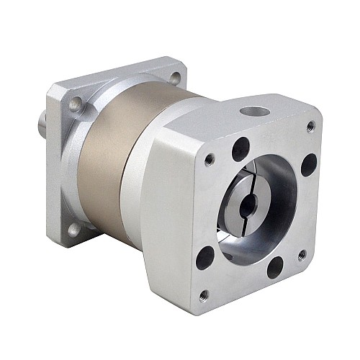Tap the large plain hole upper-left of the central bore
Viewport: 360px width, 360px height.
coord(240,148)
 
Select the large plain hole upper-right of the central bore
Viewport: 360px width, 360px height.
coord(309,164)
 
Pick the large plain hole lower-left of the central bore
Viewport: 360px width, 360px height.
coord(204,256)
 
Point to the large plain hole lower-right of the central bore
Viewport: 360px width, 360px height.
coord(275,269)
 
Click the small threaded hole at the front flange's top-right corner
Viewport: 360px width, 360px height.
coord(310,126)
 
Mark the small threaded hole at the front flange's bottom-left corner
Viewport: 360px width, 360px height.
coord(204,294)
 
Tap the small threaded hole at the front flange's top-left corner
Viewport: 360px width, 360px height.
coord(210,159)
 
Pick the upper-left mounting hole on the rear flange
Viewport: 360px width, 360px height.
coord(75,106)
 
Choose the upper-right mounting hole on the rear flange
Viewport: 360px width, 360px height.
coord(175,77)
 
